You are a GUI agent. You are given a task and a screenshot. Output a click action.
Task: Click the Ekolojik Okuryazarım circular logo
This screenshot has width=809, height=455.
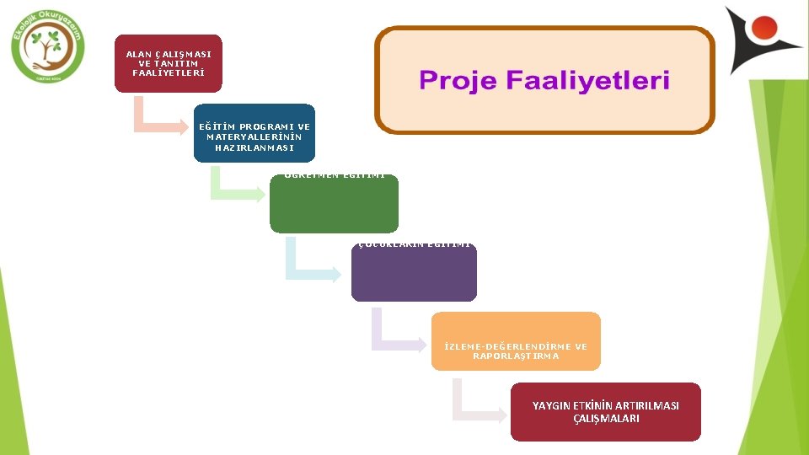point(48,48)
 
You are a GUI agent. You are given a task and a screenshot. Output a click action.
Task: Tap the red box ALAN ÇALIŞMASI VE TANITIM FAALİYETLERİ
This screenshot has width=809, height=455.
point(169,63)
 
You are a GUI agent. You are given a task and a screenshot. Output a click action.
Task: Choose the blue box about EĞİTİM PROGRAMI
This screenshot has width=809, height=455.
point(254,133)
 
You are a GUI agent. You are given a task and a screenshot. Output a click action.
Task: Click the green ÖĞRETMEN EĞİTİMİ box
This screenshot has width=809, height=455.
point(334,202)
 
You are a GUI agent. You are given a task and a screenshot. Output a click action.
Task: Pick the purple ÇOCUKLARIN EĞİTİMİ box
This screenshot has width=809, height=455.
point(414,271)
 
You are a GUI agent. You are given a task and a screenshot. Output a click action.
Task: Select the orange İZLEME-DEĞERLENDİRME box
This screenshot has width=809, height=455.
point(516,341)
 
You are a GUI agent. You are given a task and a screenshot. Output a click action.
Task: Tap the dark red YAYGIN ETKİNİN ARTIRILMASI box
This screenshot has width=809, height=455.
point(605,412)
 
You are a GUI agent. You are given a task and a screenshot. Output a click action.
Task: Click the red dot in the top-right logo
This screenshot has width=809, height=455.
point(765,27)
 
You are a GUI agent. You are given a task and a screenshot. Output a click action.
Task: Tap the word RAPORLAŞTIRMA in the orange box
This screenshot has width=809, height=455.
point(516,356)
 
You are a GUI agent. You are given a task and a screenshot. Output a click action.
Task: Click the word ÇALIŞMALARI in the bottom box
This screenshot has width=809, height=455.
point(605,419)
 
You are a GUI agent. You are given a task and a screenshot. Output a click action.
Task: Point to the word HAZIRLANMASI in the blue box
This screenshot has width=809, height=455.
point(254,147)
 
